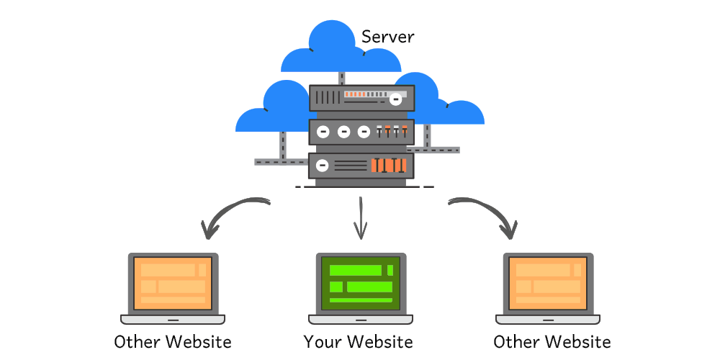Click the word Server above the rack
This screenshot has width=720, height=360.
(387, 37)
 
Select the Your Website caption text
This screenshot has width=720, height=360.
(358, 341)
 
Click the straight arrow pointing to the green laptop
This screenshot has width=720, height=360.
(360, 220)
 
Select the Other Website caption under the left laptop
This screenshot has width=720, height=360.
(173, 341)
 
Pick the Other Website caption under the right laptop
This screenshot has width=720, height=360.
(552, 341)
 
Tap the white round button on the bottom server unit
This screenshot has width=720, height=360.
(323, 166)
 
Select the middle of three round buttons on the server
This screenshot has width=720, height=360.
(343, 132)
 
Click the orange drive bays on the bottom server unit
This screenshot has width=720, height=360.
(389, 166)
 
